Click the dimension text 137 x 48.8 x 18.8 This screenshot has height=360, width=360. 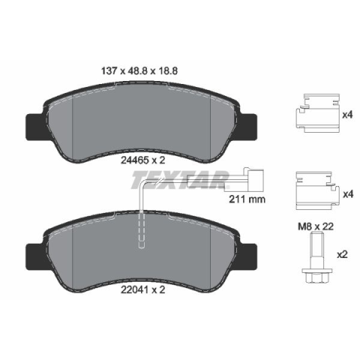(139, 71)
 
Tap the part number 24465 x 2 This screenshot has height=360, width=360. (143, 160)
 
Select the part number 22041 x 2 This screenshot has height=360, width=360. (143, 289)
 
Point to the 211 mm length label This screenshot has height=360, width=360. (247, 199)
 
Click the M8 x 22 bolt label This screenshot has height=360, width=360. (316, 226)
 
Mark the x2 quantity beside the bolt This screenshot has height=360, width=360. (343, 255)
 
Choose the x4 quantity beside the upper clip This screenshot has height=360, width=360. (347, 115)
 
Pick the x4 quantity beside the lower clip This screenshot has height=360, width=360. (348, 194)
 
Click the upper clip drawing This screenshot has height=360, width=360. (317, 113)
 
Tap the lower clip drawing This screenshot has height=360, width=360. (317, 190)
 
